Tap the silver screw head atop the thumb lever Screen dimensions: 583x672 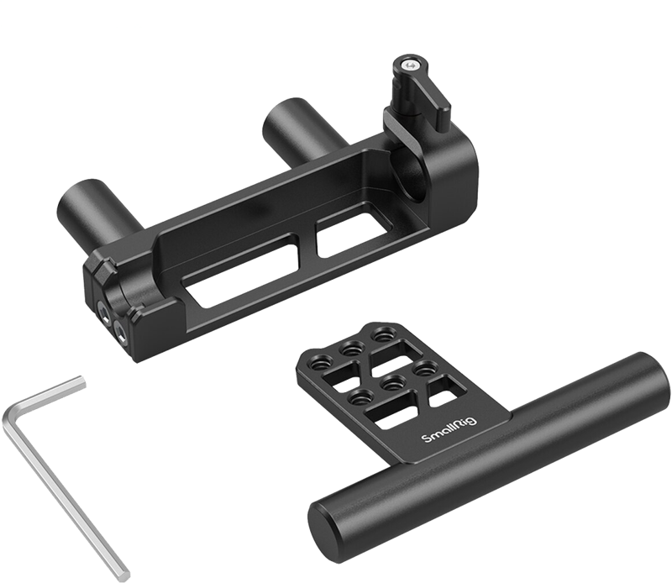410,65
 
